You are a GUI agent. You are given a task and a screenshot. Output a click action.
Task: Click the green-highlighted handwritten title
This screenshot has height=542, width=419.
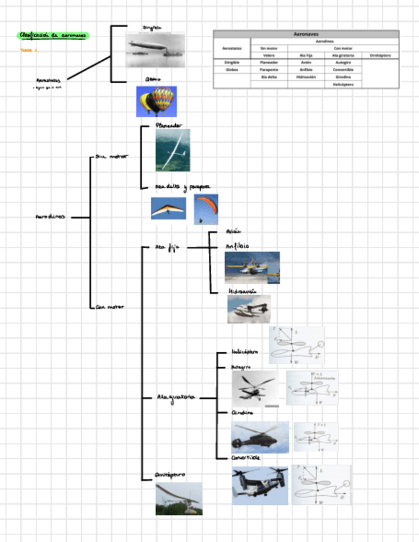click(x=54, y=35)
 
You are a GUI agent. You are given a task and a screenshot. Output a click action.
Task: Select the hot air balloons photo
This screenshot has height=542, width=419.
click(x=156, y=101)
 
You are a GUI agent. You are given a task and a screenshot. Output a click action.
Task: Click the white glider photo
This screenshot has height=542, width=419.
click(x=172, y=150)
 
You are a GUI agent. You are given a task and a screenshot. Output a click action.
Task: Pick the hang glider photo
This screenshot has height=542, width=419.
click(x=168, y=208)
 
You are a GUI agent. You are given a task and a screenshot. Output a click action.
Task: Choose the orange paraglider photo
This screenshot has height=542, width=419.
click(x=206, y=209)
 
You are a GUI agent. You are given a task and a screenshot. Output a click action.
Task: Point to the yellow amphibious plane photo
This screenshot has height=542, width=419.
click(x=252, y=267)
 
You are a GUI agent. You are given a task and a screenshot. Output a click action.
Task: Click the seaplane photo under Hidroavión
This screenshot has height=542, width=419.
click(x=248, y=309)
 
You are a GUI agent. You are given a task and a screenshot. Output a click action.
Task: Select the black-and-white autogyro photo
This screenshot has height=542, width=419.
click(x=254, y=388)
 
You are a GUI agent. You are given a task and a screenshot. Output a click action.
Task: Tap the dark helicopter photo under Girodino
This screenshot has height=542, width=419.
click(x=259, y=437)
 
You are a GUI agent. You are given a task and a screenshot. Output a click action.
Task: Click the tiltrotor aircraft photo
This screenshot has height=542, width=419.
click(x=259, y=485)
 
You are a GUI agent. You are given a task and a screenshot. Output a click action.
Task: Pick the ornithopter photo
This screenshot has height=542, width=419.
click(x=178, y=499)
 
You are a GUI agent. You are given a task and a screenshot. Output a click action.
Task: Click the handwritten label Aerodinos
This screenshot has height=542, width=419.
click(x=50, y=217)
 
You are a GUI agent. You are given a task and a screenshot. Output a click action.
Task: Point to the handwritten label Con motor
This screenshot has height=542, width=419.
click(x=109, y=307)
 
